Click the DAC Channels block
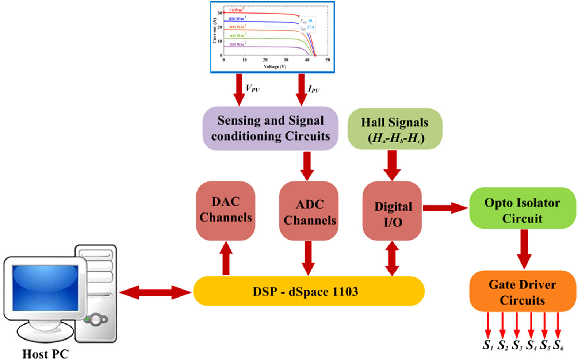(x=225, y=210)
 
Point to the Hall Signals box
(x=394, y=129)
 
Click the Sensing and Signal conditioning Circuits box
(x=270, y=129)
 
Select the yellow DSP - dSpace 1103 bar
(x=309, y=291)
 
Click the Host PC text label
(x=45, y=353)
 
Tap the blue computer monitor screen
(x=45, y=288)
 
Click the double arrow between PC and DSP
(x=155, y=292)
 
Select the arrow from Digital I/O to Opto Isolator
(x=445, y=208)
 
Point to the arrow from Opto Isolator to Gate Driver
(x=524, y=249)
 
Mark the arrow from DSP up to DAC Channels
(x=226, y=258)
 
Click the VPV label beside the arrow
(x=252, y=88)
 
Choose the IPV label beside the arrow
(x=313, y=89)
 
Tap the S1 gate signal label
(x=487, y=345)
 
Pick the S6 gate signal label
(x=558, y=345)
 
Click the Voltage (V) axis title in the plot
(x=275, y=66)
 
